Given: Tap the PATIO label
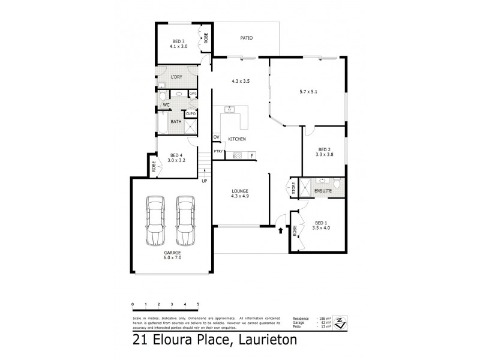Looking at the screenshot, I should coord(246,38).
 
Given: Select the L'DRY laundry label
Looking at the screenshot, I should coord(176,77).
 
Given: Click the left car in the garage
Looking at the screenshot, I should coord(155,220).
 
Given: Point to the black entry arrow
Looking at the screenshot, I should coord(280,229).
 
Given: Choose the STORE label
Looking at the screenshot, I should coord(294,188).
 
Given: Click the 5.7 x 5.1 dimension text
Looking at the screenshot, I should coord(307,93).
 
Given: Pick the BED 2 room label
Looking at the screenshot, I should coord(324,150).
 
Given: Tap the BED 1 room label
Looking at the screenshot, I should coord(321,224).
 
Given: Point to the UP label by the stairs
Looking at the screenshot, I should coord(205,181).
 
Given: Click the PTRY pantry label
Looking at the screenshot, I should coord(218,151).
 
